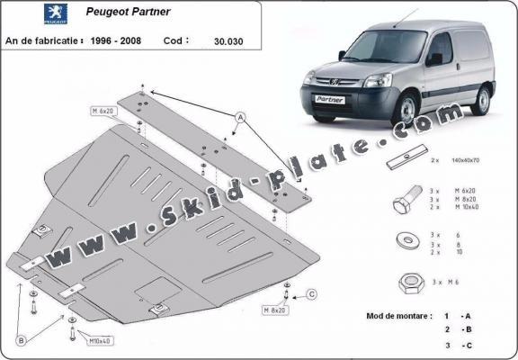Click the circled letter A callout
pos(241,117)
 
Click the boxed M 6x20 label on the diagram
pos(104,111)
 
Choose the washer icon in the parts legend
pos(402,242)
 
